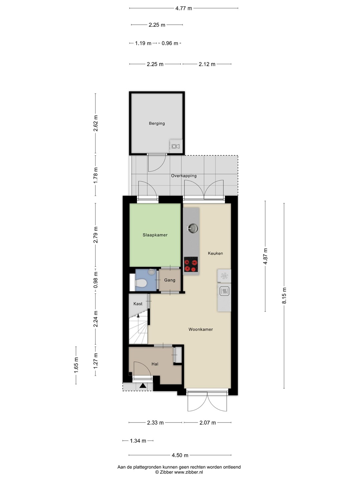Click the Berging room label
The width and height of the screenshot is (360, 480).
(x=157, y=123)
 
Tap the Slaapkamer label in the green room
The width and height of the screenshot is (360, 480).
(x=155, y=235)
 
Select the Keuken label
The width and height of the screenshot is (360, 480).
(x=215, y=253)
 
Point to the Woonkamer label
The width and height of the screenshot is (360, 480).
(x=201, y=329)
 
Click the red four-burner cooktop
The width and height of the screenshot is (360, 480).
(x=191, y=264)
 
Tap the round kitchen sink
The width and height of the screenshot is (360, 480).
(x=193, y=228)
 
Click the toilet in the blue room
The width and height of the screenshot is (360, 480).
(x=140, y=283)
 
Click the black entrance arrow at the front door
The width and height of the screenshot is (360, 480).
(x=143, y=386)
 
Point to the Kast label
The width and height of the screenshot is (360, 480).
(x=138, y=304)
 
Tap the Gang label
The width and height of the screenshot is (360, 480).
(x=170, y=280)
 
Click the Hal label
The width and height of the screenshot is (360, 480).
(x=155, y=364)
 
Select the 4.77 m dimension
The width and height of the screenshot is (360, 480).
(x=184, y=8)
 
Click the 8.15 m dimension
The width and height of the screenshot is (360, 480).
(x=284, y=296)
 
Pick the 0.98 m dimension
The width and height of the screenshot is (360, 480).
(x=95, y=280)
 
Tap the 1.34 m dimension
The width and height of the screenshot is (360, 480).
(x=138, y=441)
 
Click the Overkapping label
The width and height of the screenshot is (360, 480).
(x=184, y=176)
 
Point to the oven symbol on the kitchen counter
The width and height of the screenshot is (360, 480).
(x=224, y=291)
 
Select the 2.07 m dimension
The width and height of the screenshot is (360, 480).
(x=207, y=423)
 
